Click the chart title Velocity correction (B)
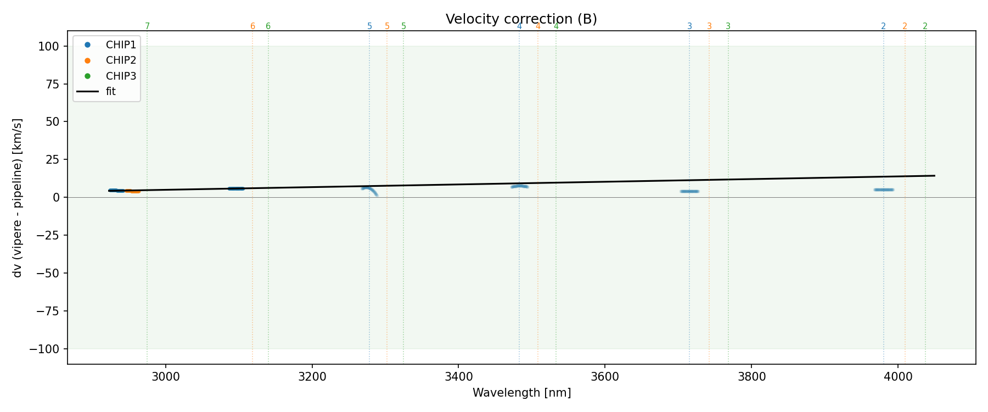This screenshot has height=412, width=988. (x=521, y=19)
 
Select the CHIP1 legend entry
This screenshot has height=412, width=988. (x=121, y=45)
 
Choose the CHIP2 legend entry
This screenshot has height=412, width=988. (x=121, y=60)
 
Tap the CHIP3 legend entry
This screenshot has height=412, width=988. (x=121, y=76)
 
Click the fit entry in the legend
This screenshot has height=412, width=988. (x=110, y=92)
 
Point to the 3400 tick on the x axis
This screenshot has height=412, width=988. (x=458, y=377)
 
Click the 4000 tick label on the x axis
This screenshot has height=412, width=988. (x=899, y=377)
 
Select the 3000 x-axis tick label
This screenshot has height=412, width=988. (x=165, y=377)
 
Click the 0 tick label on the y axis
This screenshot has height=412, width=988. (x=56, y=198)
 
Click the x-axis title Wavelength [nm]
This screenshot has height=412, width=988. (x=521, y=393)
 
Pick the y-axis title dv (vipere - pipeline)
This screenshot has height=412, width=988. (x=18, y=198)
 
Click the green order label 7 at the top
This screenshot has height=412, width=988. (x=147, y=26)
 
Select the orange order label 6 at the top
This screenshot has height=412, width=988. (x=252, y=26)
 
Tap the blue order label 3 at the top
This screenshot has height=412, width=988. (x=689, y=26)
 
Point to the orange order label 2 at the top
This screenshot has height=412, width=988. (x=905, y=26)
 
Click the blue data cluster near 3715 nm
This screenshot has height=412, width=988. (x=689, y=191)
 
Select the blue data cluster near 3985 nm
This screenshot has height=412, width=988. (x=884, y=190)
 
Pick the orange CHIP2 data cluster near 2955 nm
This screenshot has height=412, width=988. (x=133, y=191)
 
